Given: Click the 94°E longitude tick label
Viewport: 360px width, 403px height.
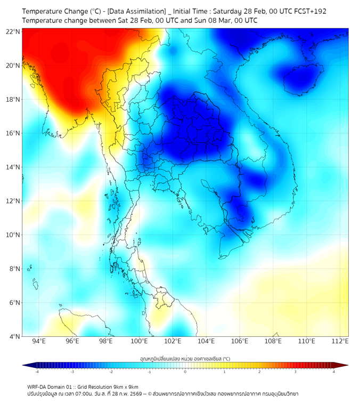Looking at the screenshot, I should [39, 341].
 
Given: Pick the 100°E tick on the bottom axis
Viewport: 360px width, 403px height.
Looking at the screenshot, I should [139, 341].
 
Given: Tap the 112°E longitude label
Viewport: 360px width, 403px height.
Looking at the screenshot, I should [340, 341].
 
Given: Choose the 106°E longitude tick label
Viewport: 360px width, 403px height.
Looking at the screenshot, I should [240, 341].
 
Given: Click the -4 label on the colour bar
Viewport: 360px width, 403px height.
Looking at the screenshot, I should [36, 372].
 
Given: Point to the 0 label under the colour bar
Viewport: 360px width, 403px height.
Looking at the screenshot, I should [185, 372].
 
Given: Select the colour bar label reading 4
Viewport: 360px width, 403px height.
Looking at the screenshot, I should [334, 372].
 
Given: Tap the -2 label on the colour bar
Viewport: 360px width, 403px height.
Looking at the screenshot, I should [110, 372].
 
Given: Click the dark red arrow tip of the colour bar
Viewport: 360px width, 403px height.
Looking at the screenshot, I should [345, 365].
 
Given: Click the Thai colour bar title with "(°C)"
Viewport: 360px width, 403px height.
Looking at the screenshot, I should [185, 358].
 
